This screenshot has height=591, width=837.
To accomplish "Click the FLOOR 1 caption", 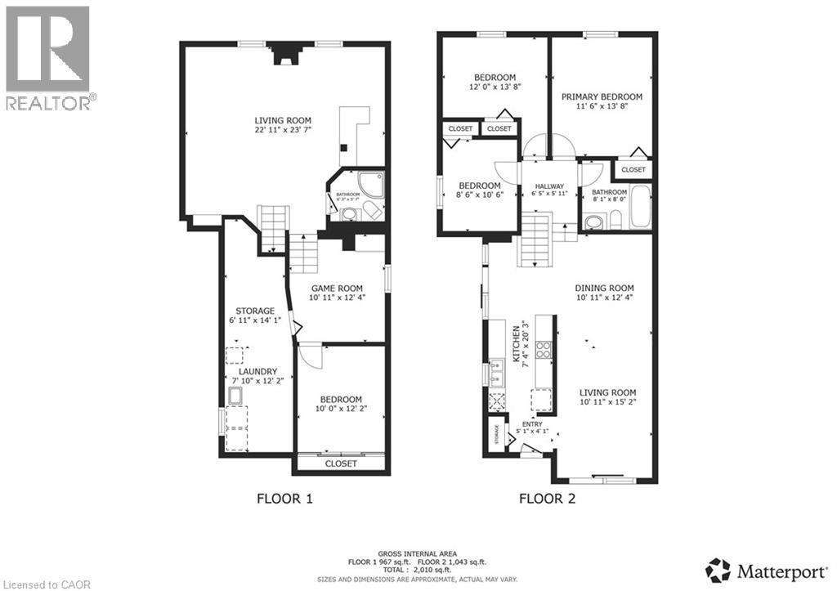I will pos(284,498).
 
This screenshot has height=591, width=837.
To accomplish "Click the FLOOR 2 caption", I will pos(548,498).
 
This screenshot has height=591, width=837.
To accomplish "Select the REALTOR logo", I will pos(48,58).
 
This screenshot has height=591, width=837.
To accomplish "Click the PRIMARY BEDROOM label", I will pos(602,96).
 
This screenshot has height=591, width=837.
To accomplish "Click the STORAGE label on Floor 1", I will pos(256,311).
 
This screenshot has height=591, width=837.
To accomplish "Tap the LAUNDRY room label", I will pos(257,371).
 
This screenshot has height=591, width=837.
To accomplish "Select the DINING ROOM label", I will pos(604,288).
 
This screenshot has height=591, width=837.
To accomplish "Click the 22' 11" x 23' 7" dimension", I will pos(283,128).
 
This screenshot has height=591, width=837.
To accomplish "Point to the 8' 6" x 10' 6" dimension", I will pos(479,195).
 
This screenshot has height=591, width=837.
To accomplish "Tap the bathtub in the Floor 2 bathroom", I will pos(640,208).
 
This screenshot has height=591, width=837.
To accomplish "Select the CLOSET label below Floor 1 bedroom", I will pos(341,463).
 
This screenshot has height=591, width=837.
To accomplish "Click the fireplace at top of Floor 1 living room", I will pos(284,52).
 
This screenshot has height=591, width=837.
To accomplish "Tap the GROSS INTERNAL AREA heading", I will pos(418,553).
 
